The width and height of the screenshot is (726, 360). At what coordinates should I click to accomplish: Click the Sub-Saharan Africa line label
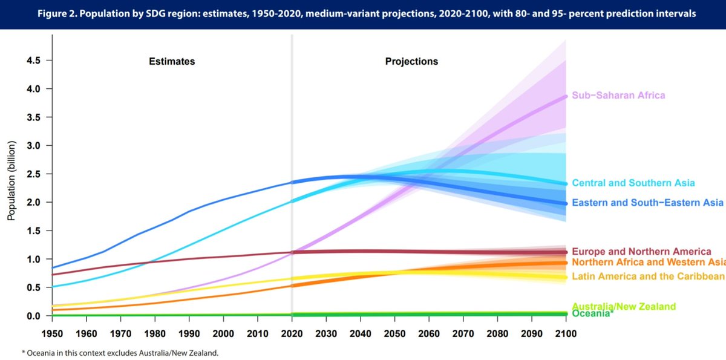click(618, 96)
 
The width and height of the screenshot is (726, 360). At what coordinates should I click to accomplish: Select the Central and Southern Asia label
click(633, 183)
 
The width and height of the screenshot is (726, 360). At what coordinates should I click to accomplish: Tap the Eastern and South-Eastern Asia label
click(647, 203)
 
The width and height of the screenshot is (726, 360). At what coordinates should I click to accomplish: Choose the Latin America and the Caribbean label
click(648, 277)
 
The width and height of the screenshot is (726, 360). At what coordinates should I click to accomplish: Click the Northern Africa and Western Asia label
click(648, 263)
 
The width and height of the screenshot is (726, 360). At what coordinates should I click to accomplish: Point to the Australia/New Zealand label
click(623, 307)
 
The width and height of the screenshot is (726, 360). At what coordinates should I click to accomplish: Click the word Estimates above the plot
click(172, 62)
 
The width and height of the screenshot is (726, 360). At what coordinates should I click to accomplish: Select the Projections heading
click(411, 62)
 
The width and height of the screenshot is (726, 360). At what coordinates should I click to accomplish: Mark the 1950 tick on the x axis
click(52, 334)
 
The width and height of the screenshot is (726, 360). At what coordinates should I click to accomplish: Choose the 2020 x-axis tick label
click(292, 334)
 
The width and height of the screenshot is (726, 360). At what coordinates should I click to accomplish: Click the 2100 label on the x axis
click(566, 334)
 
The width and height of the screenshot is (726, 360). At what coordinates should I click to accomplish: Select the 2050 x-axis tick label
click(394, 334)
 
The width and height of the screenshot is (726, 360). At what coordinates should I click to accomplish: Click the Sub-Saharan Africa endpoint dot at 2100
click(566, 96)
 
